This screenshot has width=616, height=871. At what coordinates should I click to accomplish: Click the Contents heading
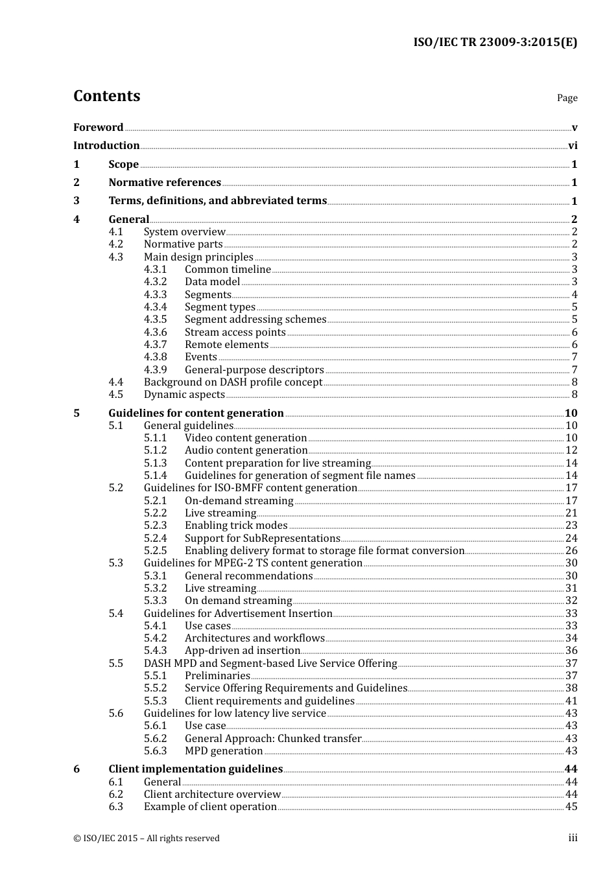(106, 96)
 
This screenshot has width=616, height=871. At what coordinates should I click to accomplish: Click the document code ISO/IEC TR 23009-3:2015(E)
(495, 42)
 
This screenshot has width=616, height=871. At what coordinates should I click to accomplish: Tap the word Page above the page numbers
(567, 98)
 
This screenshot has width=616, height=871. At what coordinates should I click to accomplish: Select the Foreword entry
(98, 128)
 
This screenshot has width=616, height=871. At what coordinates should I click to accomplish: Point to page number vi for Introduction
(573, 146)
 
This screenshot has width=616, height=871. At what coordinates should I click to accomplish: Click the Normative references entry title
(165, 183)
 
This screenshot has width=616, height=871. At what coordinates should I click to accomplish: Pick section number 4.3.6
(155, 332)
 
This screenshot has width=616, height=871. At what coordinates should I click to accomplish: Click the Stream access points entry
(235, 332)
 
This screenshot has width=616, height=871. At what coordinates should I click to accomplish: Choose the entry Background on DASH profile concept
(233, 382)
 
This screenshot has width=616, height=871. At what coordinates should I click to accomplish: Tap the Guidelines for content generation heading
(196, 413)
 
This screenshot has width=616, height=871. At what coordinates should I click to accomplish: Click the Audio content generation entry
(246, 450)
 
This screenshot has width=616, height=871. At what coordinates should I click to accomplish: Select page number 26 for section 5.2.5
(571, 551)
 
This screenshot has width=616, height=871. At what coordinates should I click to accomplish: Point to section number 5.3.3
(155, 601)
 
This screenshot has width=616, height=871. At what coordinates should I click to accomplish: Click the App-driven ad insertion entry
(242, 651)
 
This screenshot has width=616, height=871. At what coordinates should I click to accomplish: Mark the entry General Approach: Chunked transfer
(273, 739)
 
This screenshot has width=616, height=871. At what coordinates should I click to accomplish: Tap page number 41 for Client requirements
(571, 701)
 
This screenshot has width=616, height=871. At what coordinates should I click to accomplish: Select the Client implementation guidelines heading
(195, 769)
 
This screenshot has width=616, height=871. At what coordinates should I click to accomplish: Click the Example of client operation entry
(210, 807)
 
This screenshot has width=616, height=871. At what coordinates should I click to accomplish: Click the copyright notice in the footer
(147, 839)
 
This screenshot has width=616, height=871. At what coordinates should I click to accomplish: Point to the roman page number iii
(573, 839)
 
